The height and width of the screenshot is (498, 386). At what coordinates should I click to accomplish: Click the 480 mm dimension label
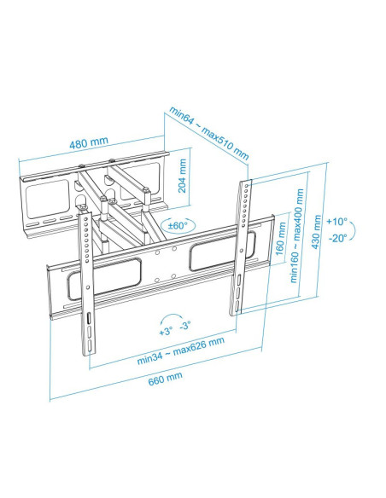pos(89,142)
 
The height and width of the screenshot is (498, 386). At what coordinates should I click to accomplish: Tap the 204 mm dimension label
pos(182,176)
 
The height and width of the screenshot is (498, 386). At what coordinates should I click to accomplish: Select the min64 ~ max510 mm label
pos(209,133)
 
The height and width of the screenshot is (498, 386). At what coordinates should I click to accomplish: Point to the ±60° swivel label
pos(178,225)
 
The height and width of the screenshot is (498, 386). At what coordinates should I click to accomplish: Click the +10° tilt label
pos(336,221)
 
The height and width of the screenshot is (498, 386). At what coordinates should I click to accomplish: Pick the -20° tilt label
pos(336,238)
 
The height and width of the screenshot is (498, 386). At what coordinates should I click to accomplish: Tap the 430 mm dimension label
pos(316,232)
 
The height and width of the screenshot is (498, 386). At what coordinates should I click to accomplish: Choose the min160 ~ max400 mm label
pos(297,235)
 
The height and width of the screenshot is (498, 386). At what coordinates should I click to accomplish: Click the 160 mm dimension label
pos(280,239)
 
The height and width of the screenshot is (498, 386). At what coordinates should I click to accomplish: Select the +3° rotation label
pos(166,331)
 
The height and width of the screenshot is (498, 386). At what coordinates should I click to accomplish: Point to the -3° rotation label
pos(185,325)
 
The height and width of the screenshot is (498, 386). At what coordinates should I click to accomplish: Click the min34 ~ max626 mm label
pos(180,350)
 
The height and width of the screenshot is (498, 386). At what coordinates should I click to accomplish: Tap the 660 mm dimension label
pos(166,379)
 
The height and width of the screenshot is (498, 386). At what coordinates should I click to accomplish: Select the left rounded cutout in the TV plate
pos(104,279)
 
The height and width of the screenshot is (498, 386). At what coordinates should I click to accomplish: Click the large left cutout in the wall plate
pos(47,200)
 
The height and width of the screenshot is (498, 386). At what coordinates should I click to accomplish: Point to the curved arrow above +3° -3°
pos(172,315)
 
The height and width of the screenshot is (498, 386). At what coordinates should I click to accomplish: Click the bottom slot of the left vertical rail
pos(91,345)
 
